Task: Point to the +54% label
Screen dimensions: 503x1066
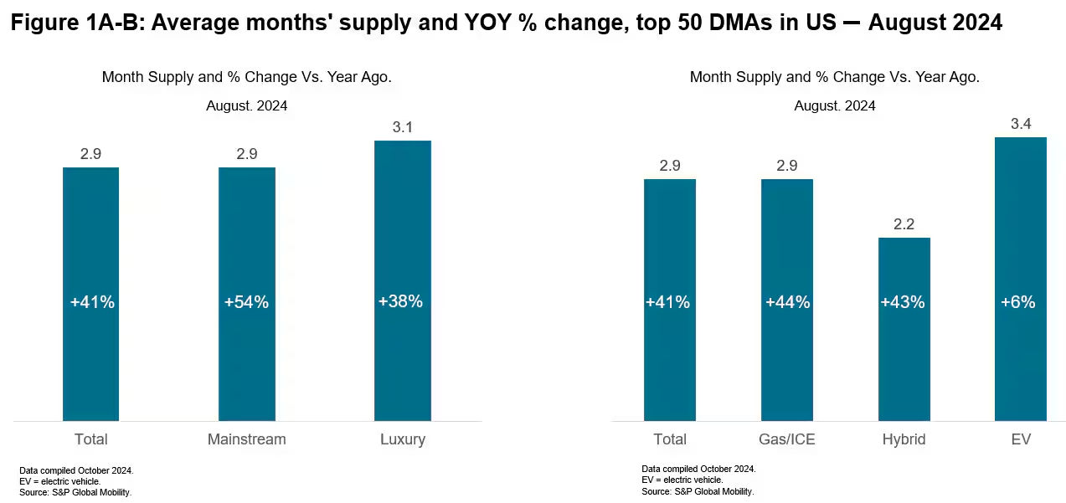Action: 247,302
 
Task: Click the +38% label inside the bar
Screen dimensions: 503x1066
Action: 401,301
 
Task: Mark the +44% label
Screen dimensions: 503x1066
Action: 788,302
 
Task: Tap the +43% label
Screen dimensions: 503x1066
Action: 903,302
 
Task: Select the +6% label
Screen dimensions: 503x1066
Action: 1018,302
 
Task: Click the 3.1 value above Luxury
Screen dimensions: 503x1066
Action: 403,127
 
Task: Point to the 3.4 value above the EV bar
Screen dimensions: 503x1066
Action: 1021,124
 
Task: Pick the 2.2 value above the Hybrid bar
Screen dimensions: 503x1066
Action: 904,224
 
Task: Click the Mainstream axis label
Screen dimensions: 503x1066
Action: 247,439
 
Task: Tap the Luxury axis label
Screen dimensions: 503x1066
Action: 403,439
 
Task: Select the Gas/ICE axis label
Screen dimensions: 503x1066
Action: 787,439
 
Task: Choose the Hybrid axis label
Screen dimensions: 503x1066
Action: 904,439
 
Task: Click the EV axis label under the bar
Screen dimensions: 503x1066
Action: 1021,439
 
